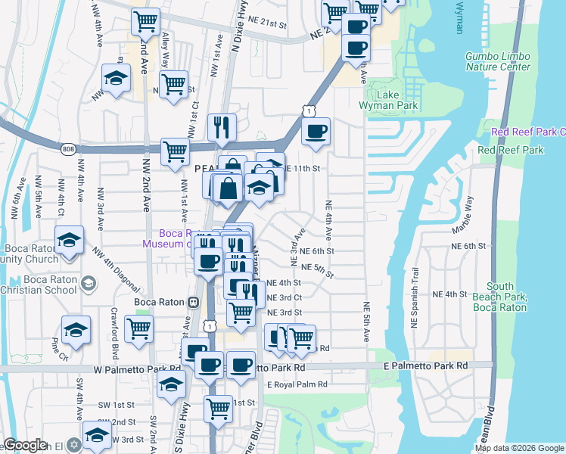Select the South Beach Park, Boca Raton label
pyautogui.click(x=500, y=297)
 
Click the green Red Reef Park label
pyautogui.click(x=511, y=151)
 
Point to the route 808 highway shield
pyautogui.click(x=69, y=148)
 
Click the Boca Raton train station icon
pyautogui.click(x=193, y=302)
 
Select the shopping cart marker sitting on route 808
pyautogui.click(x=175, y=151)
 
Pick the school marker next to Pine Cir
pyautogui.click(x=76, y=330)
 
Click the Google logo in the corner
pyautogui.click(x=25, y=445)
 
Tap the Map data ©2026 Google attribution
pyautogui.click(x=519, y=447)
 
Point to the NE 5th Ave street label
pyautogui.click(x=365, y=322)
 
